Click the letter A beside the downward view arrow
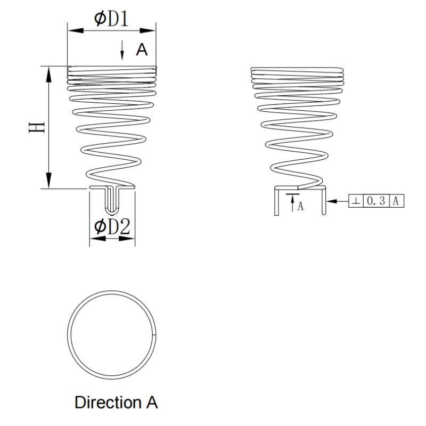tap(141, 50)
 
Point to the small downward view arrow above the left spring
tap(123, 52)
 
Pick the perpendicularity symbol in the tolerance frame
tap(355, 201)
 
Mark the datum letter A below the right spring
tap(300, 207)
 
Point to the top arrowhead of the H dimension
tap(48, 72)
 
